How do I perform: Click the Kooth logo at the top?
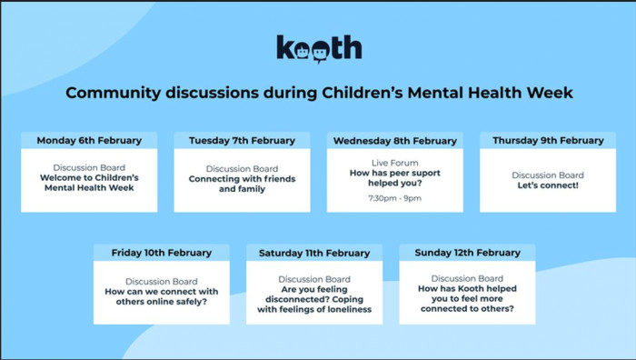tap(319, 49)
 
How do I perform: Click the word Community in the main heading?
tap(114, 93)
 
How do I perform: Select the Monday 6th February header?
tap(89, 140)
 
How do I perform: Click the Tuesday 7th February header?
tap(243, 140)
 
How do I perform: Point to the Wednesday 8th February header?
tap(395, 141)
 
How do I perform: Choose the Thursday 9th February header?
tap(548, 140)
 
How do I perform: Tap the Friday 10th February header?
tap(162, 253)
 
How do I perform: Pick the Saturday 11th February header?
tap(314, 254)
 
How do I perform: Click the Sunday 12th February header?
tap(467, 253)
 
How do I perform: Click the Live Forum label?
tap(395, 163)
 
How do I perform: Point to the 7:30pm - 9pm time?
tap(395, 198)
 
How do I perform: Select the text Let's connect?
tap(548, 185)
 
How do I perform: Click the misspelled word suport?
tap(426, 174)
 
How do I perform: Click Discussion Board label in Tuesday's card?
tap(243, 168)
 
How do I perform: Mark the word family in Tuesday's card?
tap(253, 189)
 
